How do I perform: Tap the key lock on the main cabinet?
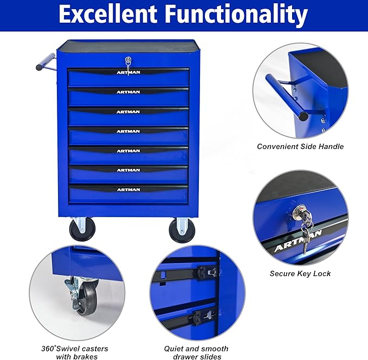coord(128,61)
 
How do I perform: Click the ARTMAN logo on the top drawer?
coord(128,73)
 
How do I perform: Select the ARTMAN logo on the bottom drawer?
coord(128,189)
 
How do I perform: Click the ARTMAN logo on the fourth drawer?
coord(128,131)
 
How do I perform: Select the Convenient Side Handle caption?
coord(300,146)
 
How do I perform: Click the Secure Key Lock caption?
coord(300,273)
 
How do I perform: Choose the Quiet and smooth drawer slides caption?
coord(196,352)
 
